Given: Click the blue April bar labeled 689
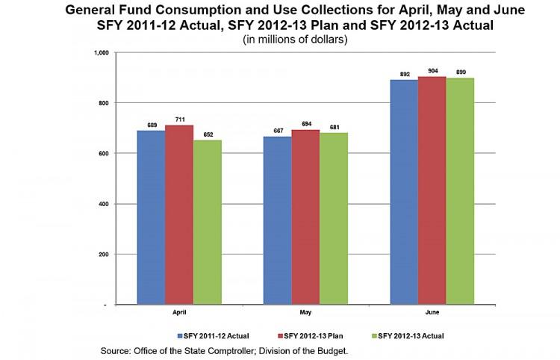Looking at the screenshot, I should click(x=151, y=217).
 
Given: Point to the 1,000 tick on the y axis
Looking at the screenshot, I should click(x=101, y=52).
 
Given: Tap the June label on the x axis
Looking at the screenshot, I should click(x=432, y=313).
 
